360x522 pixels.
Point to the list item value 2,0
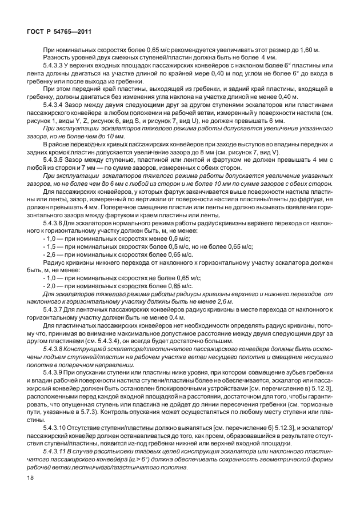tap(53, 285)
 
